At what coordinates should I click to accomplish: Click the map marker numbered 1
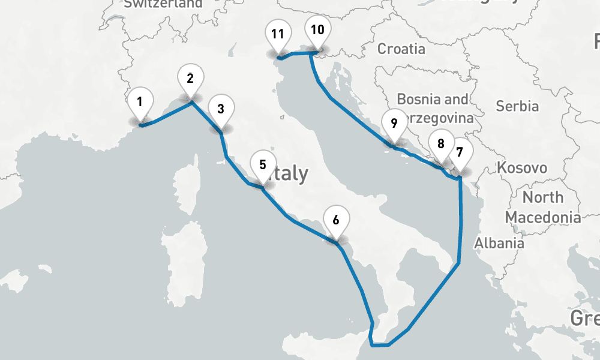click(139, 102)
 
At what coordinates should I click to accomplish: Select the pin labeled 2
click(190, 79)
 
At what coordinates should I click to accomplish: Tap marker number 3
click(221, 110)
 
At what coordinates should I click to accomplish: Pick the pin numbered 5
click(263, 164)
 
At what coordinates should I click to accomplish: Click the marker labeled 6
click(335, 220)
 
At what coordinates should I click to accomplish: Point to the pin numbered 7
click(459, 152)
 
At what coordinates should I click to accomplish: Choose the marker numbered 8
click(441, 145)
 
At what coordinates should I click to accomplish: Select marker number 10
click(317, 30)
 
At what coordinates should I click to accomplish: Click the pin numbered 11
click(277, 34)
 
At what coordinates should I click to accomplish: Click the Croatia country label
click(401, 49)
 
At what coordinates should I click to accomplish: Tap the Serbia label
click(517, 106)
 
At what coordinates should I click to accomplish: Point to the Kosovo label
click(521, 168)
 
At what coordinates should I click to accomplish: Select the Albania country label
click(499, 243)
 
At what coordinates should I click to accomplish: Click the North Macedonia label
click(542, 207)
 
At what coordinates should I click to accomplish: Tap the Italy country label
click(289, 174)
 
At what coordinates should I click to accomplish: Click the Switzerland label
click(163, 4)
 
